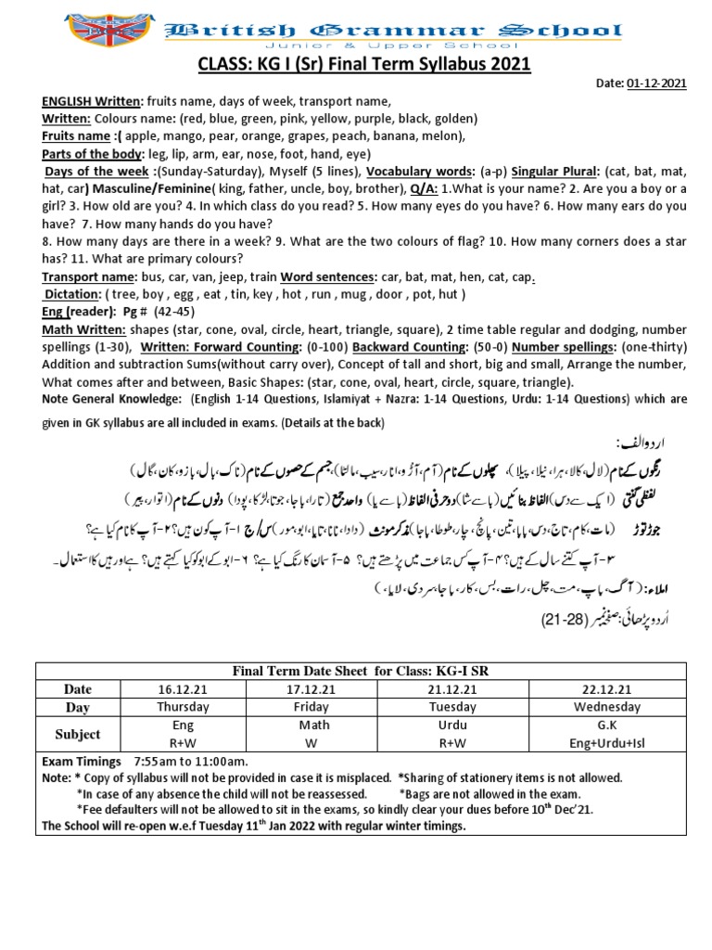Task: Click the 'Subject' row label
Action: (78, 734)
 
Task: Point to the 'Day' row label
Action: (78, 707)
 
